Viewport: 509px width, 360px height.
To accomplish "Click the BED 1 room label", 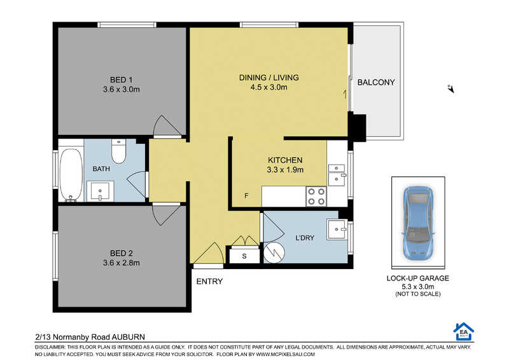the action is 121,80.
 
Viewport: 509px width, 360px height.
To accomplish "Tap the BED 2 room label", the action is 121,253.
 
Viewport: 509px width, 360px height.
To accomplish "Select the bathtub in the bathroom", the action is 71,175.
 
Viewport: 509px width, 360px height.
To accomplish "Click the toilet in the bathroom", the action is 118,151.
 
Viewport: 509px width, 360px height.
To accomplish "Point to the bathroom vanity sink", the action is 101,191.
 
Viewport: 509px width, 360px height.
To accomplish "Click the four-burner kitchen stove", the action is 316,197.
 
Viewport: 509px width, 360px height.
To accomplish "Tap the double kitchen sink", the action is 337,175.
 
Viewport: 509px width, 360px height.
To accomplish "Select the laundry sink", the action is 337,229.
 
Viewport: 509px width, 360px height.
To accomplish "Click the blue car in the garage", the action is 418,223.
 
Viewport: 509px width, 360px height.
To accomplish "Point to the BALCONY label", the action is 376,83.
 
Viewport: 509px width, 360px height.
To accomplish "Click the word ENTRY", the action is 209,281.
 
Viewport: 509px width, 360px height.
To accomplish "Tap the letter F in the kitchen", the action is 246,196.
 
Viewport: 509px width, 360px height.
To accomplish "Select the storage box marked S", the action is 244,256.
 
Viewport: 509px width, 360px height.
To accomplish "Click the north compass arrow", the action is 451,88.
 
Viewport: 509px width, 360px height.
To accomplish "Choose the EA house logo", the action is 464,331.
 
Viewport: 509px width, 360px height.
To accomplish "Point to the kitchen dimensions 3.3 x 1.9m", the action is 285,169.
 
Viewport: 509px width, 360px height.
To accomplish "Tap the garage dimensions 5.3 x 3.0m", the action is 418,287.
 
